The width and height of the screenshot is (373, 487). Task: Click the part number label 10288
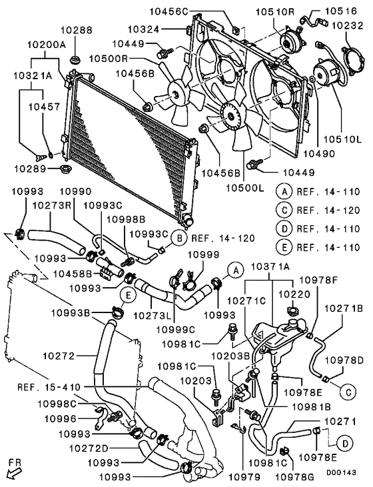[x=79, y=31]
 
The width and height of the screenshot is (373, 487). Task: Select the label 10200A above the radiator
[x=45, y=45]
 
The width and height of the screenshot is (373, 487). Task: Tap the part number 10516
[x=344, y=11]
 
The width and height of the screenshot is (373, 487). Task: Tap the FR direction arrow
[x=13, y=466]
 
